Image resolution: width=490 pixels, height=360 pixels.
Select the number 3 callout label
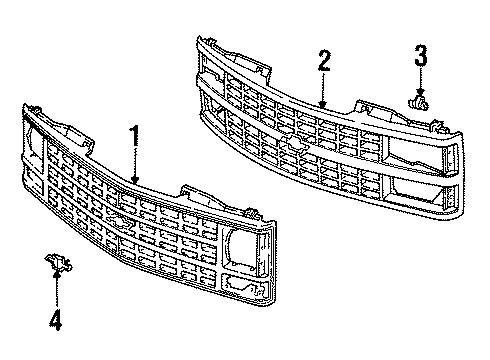tap(421, 54)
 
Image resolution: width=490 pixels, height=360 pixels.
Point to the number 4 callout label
tap(56, 322)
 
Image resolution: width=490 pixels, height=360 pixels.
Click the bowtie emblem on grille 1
tap(120, 223)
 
